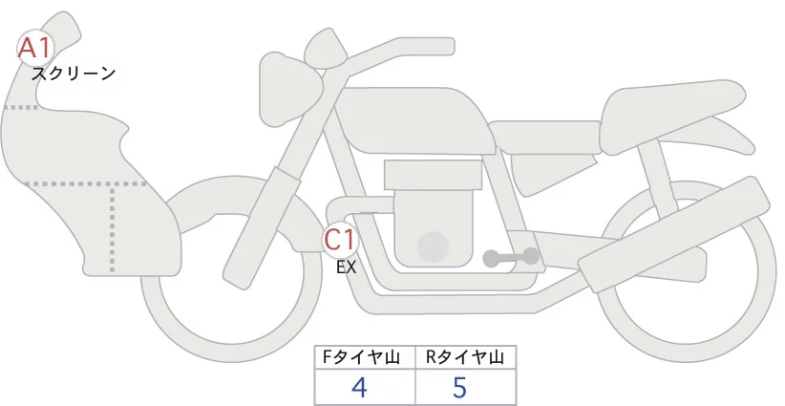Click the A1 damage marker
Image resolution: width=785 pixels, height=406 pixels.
[x=35, y=47]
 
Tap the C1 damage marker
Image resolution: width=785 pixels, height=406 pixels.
[x=341, y=239]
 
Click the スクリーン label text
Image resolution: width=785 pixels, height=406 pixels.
[x=74, y=73]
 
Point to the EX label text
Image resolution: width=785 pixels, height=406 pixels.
[x=346, y=267]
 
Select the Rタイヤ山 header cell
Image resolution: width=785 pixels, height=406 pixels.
[x=465, y=357]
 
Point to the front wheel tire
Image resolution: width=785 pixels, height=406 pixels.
[x=158, y=315]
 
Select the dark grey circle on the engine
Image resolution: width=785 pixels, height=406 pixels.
[x=434, y=246]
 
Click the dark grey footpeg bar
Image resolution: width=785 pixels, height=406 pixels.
[x=510, y=257]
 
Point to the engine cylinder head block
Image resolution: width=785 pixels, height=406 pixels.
[x=433, y=174]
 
